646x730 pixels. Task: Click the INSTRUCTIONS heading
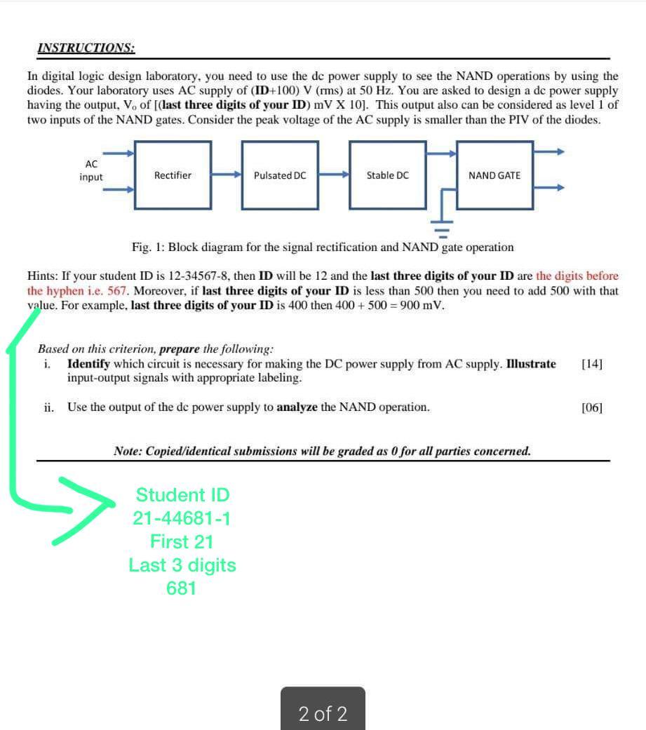tap(86, 48)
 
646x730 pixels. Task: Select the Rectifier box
tap(173, 175)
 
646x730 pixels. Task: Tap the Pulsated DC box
tap(280, 175)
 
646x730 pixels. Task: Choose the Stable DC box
tap(387, 175)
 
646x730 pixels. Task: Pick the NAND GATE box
tap(494, 175)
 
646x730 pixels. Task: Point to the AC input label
tap(91, 170)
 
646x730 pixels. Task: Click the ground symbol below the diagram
tap(442, 226)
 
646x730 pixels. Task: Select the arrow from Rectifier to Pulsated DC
tap(226, 175)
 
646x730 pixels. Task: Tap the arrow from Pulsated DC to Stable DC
tap(334, 175)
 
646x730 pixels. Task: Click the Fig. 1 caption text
tap(323, 248)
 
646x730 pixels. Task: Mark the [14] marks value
tap(592, 364)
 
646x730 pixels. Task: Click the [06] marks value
tap(592, 407)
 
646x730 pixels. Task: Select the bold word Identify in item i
tap(88, 364)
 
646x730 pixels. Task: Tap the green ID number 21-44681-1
tap(182, 519)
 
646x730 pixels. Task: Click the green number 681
tap(181, 588)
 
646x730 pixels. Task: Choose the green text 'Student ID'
tap(182, 495)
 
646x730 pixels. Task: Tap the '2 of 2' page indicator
tap(323, 714)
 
